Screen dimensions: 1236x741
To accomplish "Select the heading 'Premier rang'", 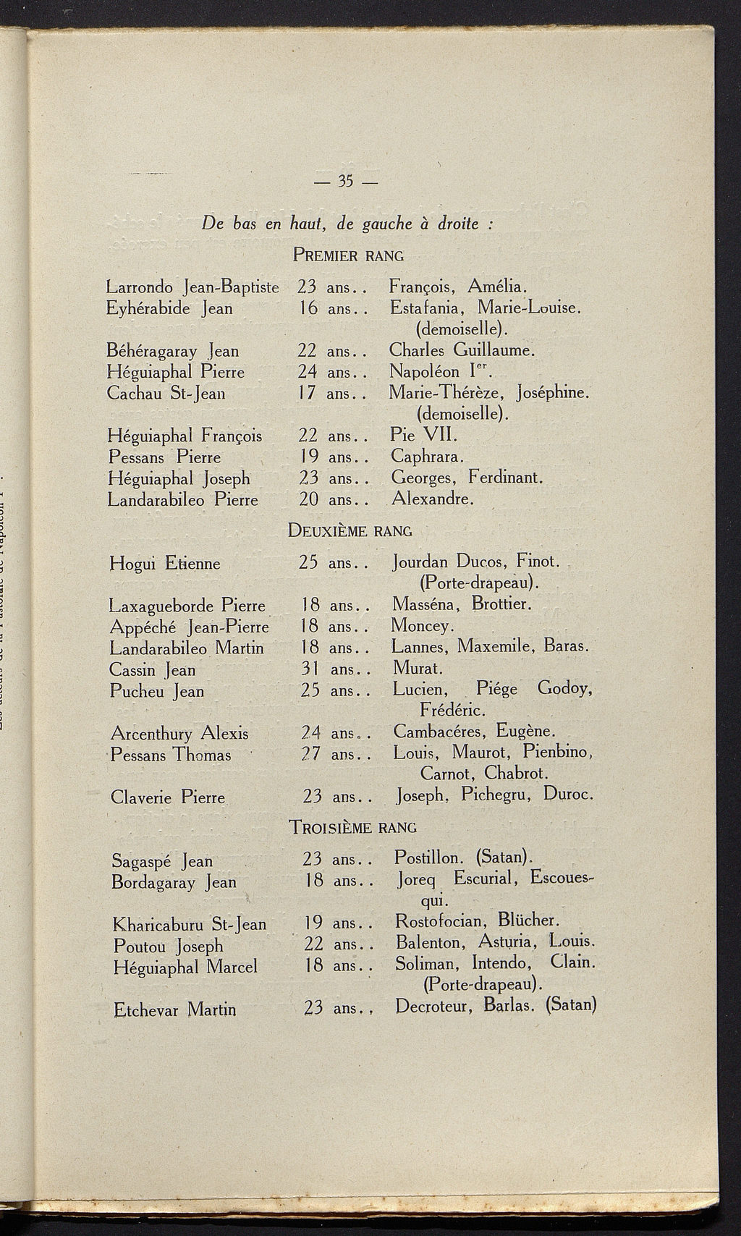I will pyautogui.click(x=348, y=255).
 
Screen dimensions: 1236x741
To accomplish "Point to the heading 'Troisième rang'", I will pyautogui.click(x=352, y=826).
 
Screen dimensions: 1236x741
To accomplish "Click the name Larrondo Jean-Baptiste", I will pyautogui.click(x=192, y=287).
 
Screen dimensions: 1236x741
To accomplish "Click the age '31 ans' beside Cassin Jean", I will pyautogui.click(x=330, y=669).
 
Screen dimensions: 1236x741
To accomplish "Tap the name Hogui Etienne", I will pyautogui.click(x=165, y=563).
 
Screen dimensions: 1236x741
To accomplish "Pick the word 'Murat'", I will pyautogui.click(x=417, y=669).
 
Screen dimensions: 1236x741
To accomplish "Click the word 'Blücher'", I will pyautogui.click(x=529, y=920).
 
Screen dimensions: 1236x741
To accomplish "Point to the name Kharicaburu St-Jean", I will pyautogui.click(x=190, y=925).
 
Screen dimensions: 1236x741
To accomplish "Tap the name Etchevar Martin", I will pyautogui.click(x=175, y=1009).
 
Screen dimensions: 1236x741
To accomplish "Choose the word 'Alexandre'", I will pyautogui.click(x=432, y=499).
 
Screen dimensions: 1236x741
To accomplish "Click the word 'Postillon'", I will pyautogui.click(x=428, y=858).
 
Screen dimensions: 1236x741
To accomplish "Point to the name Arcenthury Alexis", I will pyautogui.click(x=179, y=734).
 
